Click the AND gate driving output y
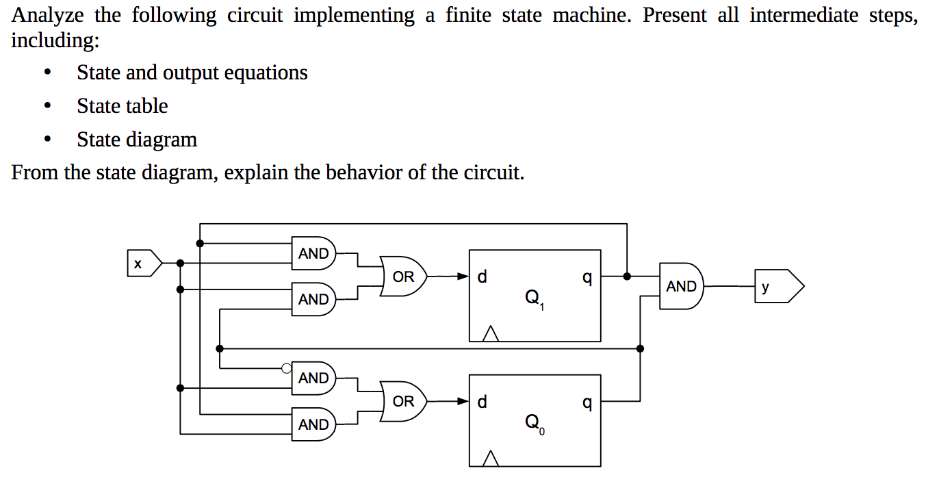click(x=682, y=287)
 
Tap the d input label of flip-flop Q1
click(x=483, y=277)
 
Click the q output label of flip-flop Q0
click(x=586, y=402)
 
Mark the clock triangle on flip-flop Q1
click(x=489, y=334)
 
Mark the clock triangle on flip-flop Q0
click(x=489, y=459)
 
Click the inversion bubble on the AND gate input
click(x=287, y=368)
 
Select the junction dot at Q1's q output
click(x=627, y=277)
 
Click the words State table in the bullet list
click(x=123, y=106)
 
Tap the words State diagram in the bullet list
click(x=137, y=140)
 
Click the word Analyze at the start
click(x=47, y=16)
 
